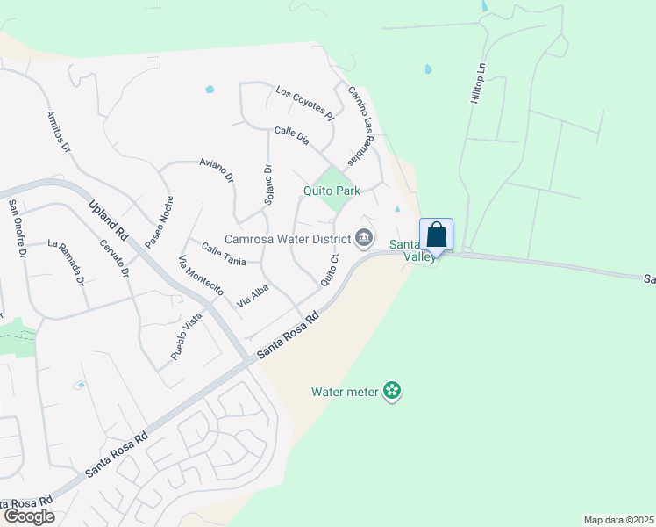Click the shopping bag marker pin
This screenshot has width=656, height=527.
pos(437,235)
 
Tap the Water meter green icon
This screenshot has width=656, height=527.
pos(392,391)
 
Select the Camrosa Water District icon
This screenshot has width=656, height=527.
pos(363,238)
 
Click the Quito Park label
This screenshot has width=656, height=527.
pos(332,191)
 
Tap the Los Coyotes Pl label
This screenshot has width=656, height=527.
pos(305,102)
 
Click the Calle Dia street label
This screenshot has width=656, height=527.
pos(292,135)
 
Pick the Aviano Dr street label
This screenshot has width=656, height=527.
pos(217,170)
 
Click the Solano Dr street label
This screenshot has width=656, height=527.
pos(268,184)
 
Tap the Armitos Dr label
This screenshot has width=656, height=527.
pos(59,133)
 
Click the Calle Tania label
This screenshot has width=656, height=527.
pos(224,254)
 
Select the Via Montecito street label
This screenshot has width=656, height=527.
pos(201,275)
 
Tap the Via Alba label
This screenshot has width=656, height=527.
pos(252,295)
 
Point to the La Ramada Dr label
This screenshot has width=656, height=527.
pos(66,263)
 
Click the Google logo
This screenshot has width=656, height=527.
pos(29,516)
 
